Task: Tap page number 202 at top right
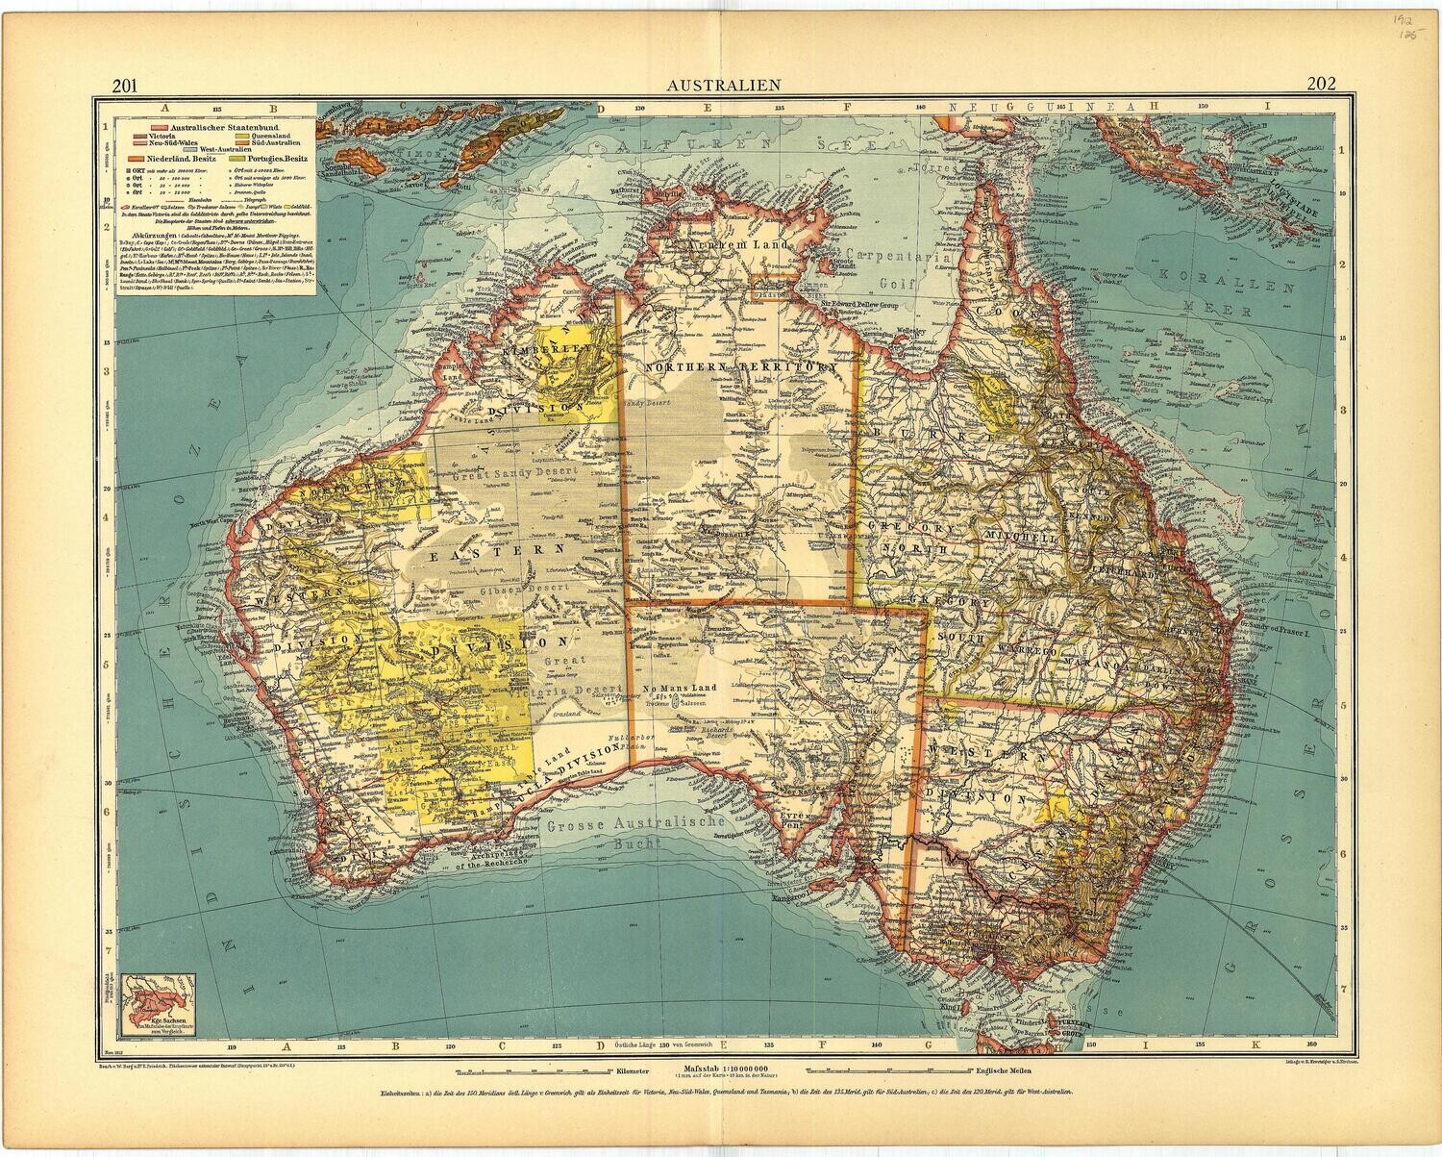click(1321, 83)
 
